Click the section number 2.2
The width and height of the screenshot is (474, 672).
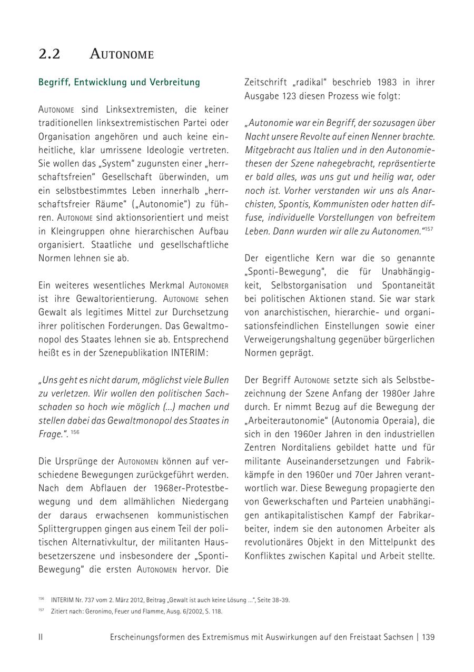pyautogui.click(x=49, y=54)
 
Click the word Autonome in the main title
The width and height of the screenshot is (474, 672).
pyautogui.click(x=122, y=54)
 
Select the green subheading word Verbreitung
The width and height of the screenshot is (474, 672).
pyautogui.click(x=175, y=82)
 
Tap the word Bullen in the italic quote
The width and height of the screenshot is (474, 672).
pyautogui.click(x=215, y=380)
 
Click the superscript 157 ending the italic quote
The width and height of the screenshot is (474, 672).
pyautogui.click(x=429, y=229)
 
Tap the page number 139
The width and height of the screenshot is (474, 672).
pyautogui.click(x=428, y=637)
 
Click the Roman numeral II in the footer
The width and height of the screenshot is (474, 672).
pyautogui.click(x=41, y=637)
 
